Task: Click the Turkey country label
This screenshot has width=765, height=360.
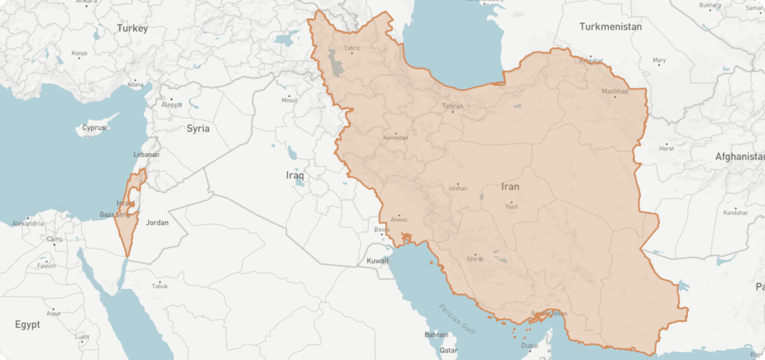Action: tap(132, 28)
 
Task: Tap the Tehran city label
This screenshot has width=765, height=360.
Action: tap(453, 107)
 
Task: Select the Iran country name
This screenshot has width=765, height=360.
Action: tap(510, 187)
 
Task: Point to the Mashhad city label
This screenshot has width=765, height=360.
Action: tap(616, 93)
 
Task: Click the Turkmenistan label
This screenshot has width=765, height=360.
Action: tap(610, 27)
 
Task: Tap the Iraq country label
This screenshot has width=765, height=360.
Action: tap(296, 175)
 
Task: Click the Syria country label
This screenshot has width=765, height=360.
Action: tap(198, 128)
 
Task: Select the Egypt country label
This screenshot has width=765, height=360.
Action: tap(28, 325)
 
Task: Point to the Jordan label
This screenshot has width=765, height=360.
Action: tap(158, 223)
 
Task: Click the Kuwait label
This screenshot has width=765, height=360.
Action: tap(378, 261)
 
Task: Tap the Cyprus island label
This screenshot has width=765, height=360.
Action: tap(94, 128)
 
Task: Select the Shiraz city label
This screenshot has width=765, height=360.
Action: tap(475, 258)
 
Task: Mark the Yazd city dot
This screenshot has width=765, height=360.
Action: tap(511, 202)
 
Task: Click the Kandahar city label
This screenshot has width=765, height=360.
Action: tap(735, 213)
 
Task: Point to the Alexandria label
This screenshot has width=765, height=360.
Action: tap(28, 223)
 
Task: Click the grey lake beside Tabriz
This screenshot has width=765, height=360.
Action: tap(338, 64)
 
